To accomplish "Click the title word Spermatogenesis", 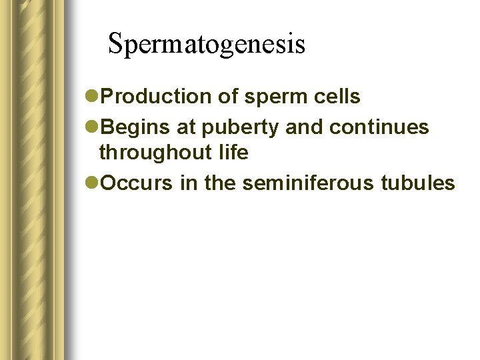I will (206, 44).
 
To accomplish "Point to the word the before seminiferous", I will (219, 183).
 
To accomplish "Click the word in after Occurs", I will (189, 183).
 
